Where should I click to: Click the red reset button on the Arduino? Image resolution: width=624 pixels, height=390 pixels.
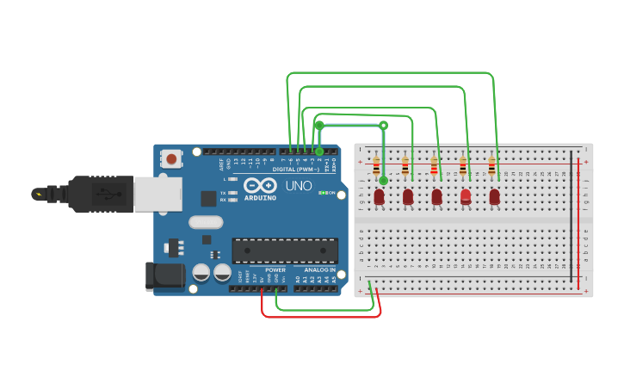point(173,158)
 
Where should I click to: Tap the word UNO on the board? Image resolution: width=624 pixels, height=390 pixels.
point(298,186)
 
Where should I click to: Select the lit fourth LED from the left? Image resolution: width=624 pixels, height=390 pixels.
point(466,196)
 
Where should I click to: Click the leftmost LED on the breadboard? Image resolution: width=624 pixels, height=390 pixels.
point(379,197)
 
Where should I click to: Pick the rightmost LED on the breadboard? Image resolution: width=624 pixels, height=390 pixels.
point(494,196)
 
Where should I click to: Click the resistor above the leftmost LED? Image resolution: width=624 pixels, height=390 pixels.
point(376,166)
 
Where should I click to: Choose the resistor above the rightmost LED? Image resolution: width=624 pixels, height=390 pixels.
point(491,166)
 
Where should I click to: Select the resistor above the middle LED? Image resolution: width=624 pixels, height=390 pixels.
point(434,166)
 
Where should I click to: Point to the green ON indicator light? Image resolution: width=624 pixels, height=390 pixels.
point(321,192)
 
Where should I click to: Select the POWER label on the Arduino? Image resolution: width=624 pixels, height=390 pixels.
point(275,269)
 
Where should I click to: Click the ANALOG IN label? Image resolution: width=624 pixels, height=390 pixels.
point(319,269)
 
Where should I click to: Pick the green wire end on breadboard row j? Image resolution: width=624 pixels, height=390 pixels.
point(384,180)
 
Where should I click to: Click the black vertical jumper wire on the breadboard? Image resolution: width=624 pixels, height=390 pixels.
point(569,220)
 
